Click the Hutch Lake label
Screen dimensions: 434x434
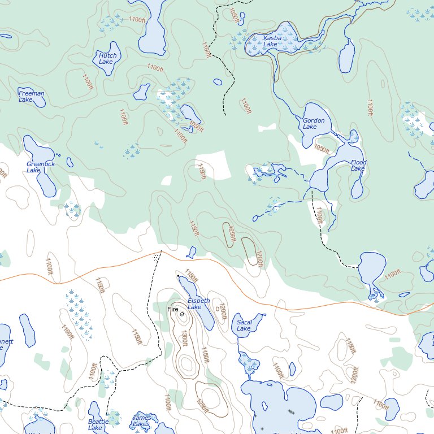click(107, 58)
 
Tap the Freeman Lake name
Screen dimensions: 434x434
click(31, 96)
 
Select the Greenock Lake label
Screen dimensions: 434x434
click(41, 167)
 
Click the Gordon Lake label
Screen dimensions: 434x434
click(314, 123)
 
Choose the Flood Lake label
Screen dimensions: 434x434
click(358, 165)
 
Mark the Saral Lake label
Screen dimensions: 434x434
click(244, 325)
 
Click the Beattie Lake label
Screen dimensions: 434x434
click(95, 424)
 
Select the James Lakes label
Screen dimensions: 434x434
click(141, 420)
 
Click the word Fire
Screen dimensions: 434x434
click(173, 310)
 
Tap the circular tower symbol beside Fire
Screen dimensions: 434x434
click(182, 314)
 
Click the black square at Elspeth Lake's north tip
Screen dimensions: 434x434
click(178, 275)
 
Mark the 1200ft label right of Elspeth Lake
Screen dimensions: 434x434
click(223, 310)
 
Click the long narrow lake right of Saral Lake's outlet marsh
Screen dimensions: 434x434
click(292, 370)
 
